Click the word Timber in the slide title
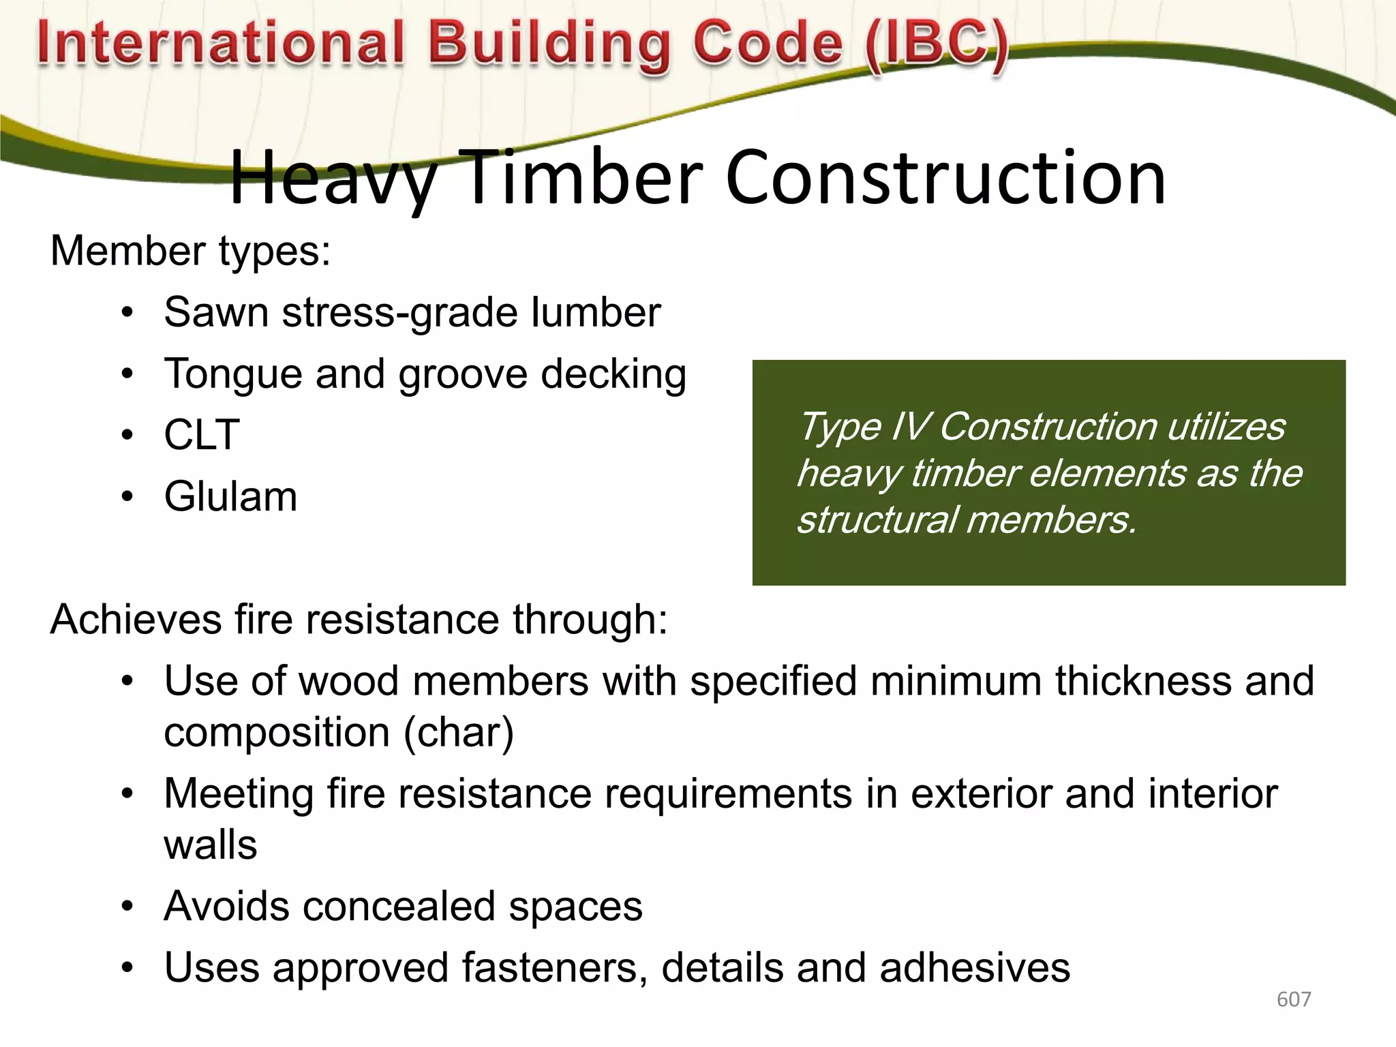point(583,179)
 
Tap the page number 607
point(1293,999)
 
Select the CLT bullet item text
point(202,435)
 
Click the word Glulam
point(230,496)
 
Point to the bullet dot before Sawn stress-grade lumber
point(127,314)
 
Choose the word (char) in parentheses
point(458,733)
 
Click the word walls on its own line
point(211,845)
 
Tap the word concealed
point(399,907)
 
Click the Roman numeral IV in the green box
point(909,427)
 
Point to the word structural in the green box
point(876,520)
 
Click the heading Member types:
point(190,251)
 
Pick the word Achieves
point(136,620)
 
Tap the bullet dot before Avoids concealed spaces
point(127,907)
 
